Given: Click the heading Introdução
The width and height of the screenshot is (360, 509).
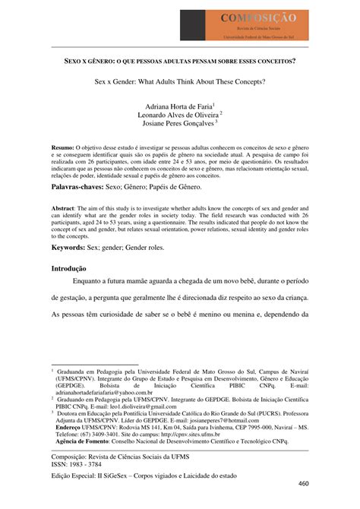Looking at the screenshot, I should (x=68, y=269).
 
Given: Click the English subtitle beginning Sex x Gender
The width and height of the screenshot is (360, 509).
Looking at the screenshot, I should (x=179, y=81).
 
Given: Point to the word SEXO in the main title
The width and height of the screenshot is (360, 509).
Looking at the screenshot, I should (x=74, y=61).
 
